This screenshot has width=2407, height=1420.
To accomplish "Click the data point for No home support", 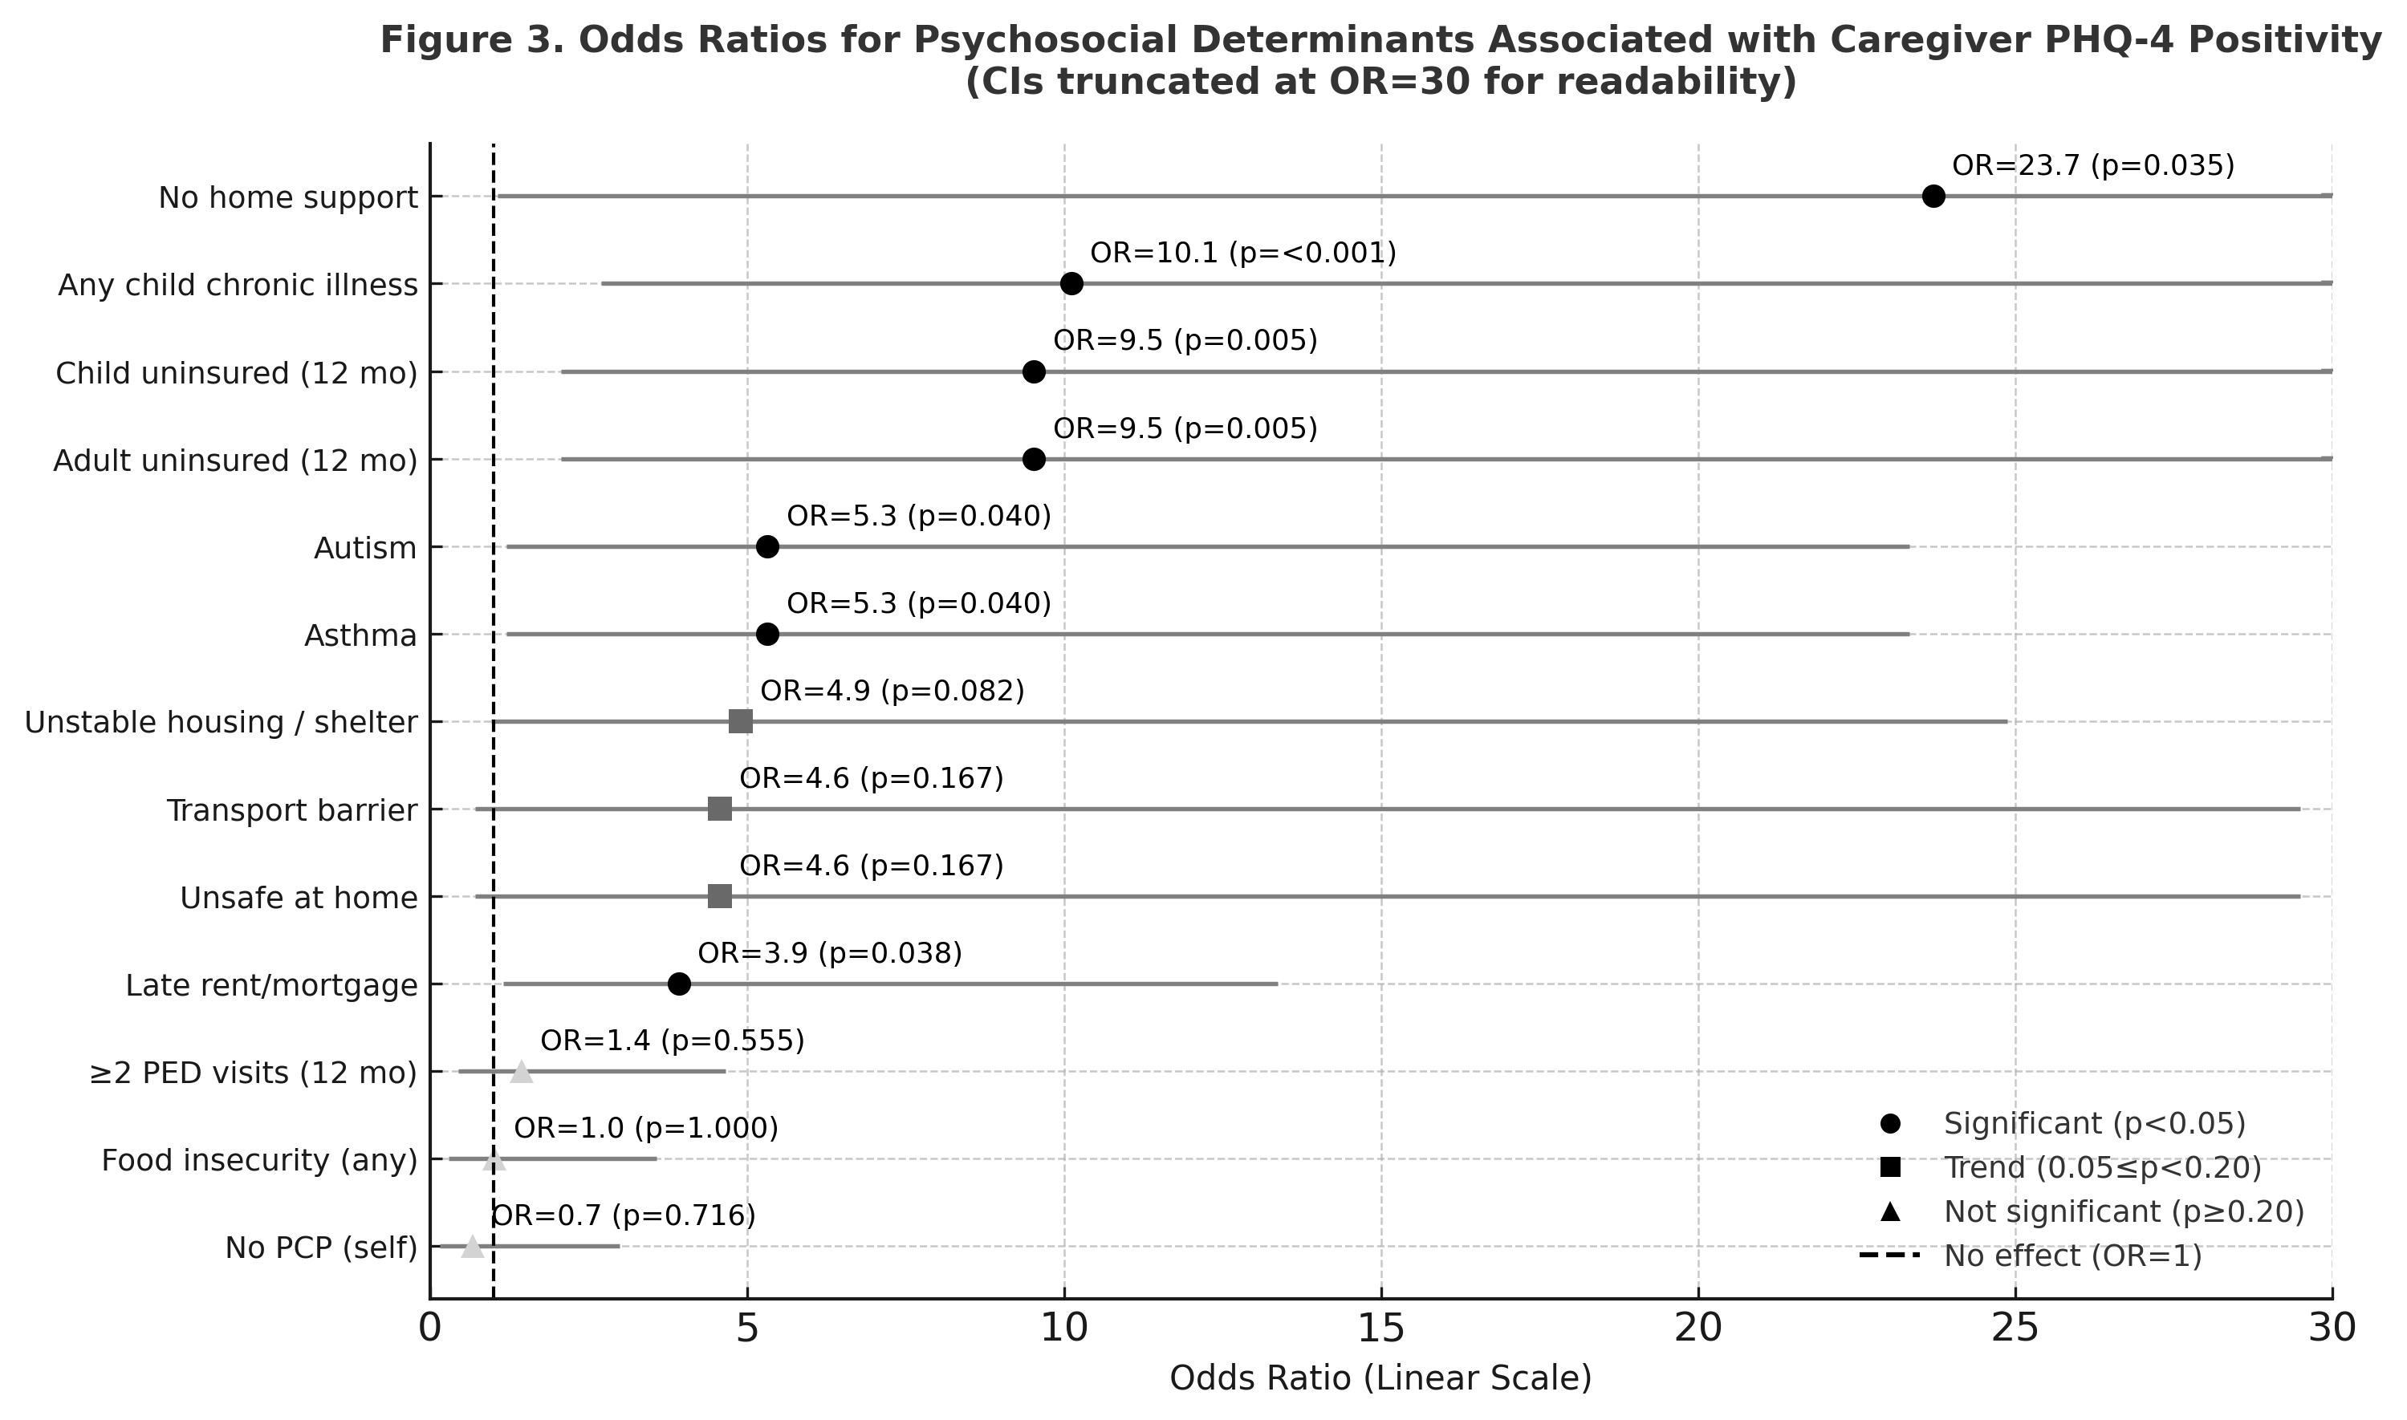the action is click(x=1933, y=197).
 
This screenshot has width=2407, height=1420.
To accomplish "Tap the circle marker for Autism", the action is click(x=767, y=546).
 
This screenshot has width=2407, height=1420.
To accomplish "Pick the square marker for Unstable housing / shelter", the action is click(x=741, y=721).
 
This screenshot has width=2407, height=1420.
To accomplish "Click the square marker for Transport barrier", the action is click(x=720, y=809).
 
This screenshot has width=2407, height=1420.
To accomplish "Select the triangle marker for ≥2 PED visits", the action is click(x=521, y=1072).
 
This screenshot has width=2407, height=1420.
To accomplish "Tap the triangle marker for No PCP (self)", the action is click(x=473, y=1246).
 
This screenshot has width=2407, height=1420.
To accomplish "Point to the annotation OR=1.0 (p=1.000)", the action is click(x=647, y=1128).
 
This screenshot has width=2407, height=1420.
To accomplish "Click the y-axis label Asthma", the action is click(x=361, y=635).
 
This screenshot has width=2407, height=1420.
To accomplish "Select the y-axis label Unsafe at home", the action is click(x=299, y=899).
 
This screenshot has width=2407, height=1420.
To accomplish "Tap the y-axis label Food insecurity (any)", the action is click(x=260, y=1161).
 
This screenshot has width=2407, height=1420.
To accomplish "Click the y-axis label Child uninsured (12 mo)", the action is click(x=237, y=373).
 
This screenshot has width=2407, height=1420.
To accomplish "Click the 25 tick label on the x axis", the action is click(x=2015, y=1329).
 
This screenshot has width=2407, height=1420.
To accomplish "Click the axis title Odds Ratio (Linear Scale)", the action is click(x=1381, y=1378).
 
